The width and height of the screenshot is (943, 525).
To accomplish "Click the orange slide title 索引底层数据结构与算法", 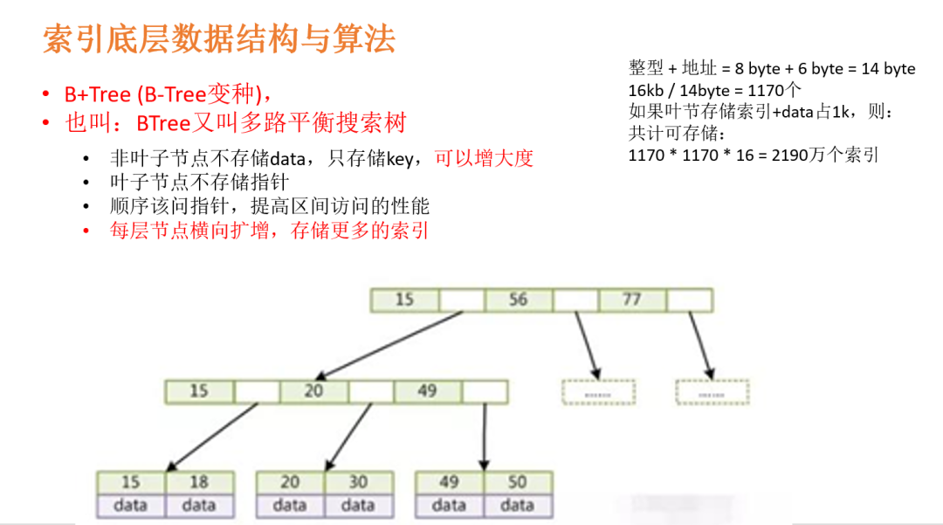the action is (x=219, y=40).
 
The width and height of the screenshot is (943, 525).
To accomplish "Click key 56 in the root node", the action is (x=519, y=300).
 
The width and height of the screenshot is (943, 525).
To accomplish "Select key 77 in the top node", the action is (x=632, y=300).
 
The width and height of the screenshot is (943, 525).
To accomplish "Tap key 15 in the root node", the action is (x=404, y=300).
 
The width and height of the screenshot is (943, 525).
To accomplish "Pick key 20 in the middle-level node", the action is (x=313, y=390).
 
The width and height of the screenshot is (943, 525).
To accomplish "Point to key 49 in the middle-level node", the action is (x=427, y=390).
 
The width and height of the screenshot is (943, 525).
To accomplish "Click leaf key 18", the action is (x=199, y=482).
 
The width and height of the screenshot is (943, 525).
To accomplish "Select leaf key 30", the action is (x=358, y=482).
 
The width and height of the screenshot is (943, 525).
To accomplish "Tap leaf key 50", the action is (x=517, y=482).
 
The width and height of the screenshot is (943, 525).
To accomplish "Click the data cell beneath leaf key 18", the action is (x=199, y=505).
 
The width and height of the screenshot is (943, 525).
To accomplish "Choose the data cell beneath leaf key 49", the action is (x=449, y=505).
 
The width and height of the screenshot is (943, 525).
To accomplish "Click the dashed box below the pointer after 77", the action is (x=712, y=392).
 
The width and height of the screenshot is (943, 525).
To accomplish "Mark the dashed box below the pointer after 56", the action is (x=598, y=392).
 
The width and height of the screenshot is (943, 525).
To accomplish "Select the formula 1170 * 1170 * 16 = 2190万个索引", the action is (x=754, y=155).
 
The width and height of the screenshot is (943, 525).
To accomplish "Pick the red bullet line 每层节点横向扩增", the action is (x=269, y=231).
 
